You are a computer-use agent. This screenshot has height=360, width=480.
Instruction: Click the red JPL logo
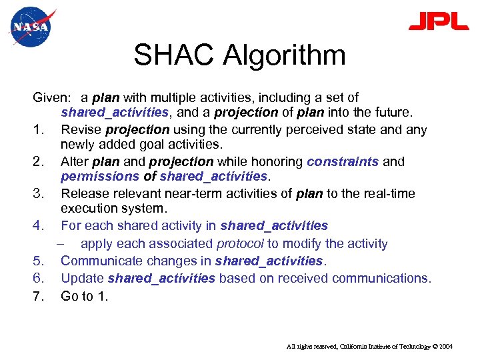pyautogui.click(x=438, y=22)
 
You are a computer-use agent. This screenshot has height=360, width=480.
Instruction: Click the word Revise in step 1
pyautogui.click(x=79, y=130)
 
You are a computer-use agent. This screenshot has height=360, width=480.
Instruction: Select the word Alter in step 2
pyautogui.click(x=74, y=162)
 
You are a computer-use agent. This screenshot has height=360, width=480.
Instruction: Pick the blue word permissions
pyautogui.click(x=99, y=177)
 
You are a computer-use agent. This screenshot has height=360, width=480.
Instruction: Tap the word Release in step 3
pyautogui.click(x=83, y=194)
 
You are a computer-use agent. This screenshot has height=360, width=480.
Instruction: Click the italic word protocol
pyautogui.click(x=239, y=244)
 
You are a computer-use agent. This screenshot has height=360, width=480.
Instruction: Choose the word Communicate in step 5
pyautogui.click(x=101, y=261)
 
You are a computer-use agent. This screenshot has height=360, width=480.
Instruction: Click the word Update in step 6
pyautogui.click(x=82, y=278)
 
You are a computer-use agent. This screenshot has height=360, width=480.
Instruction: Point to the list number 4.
pyautogui.click(x=38, y=226)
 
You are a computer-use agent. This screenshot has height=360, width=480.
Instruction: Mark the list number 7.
pyautogui.click(x=38, y=296)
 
